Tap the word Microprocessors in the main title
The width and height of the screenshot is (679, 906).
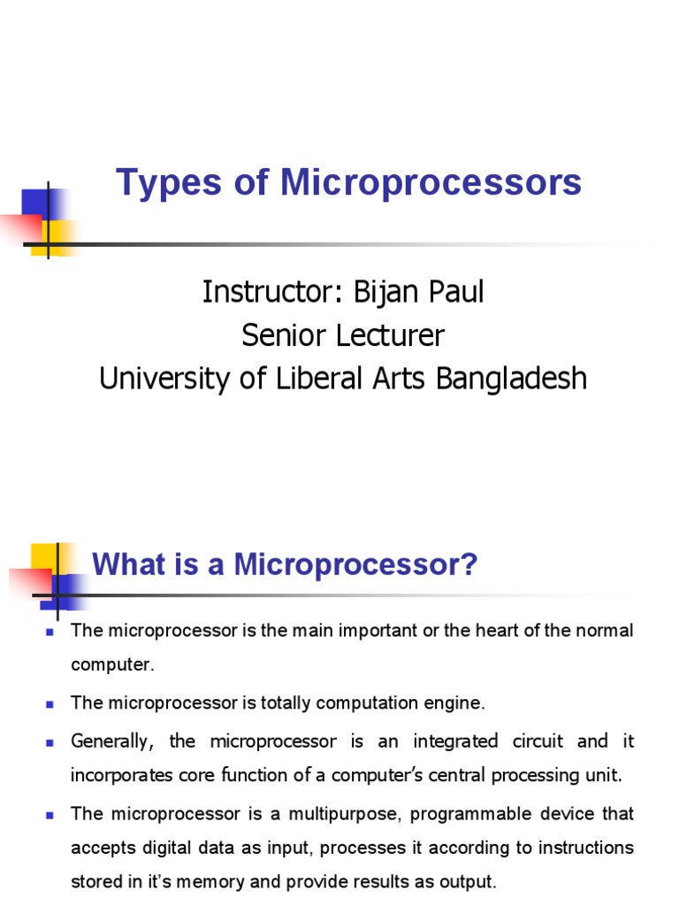(x=431, y=183)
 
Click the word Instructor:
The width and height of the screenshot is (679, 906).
(x=272, y=292)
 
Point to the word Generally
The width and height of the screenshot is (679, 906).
(x=109, y=740)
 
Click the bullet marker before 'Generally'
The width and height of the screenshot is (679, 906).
(x=50, y=741)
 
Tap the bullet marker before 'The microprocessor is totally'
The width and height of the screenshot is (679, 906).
(x=50, y=704)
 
